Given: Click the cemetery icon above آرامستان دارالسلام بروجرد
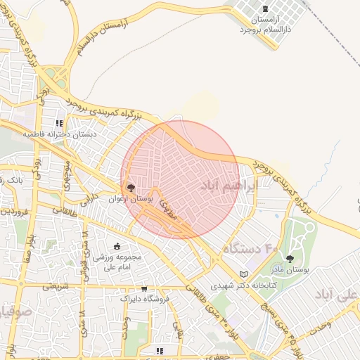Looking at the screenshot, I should (264, 9).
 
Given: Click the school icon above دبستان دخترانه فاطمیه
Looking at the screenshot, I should (68, 122).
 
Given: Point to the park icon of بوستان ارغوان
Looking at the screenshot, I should (130, 188).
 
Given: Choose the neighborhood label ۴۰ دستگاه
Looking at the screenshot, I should (251, 249).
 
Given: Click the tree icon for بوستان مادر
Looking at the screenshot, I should (289, 259).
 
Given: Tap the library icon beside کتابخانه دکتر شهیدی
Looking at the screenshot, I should (244, 274).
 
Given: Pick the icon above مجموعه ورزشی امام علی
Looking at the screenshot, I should (117, 246).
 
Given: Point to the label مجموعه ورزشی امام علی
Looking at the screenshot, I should (117, 262).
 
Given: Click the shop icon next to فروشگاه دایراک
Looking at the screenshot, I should (144, 288).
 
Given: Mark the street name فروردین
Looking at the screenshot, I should (14, 210).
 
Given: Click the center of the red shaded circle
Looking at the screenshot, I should (180, 180).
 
